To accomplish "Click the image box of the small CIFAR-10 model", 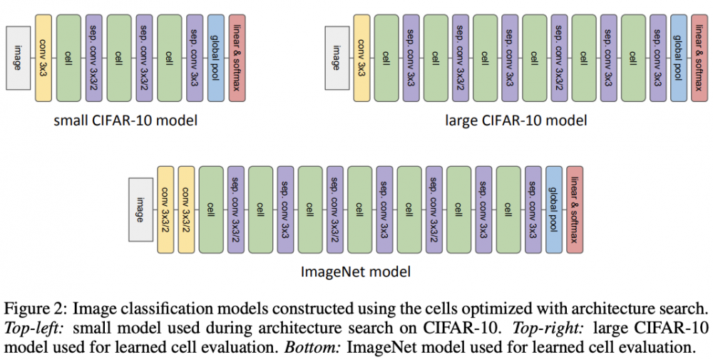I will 18,57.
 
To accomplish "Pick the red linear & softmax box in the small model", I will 238,57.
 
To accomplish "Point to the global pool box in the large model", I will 678,57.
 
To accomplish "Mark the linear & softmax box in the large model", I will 699,57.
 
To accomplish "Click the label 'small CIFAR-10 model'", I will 125,120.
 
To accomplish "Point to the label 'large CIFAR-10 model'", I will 516,120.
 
